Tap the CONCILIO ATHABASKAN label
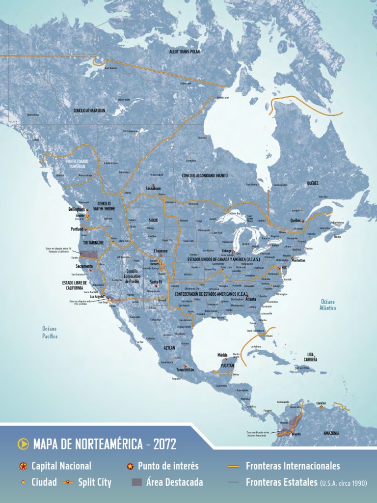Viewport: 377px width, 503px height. (x=89, y=111)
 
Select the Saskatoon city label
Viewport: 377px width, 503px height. (x=153, y=188)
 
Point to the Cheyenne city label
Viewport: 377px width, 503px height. (x=161, y=251)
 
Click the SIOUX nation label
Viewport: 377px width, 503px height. (x=153, y=221)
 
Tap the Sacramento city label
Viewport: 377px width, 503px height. (x=84, y=266)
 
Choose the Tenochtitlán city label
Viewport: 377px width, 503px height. (x=186, y=369)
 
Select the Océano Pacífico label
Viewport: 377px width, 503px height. (x=50, y=333)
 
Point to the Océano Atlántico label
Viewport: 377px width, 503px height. (x=328, y=305)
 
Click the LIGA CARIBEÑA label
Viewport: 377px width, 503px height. (x=310, y=357)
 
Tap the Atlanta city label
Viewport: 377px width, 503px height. (x=250, y=299)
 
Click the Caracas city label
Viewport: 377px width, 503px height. (x=321, y=403)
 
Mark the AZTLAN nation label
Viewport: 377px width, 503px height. (x=169, y=347)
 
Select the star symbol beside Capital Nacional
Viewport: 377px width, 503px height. (x=23, y=466)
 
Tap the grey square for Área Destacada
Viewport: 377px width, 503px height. (x=136, y=482)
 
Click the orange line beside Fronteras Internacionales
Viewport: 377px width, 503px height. (x=234, y=466)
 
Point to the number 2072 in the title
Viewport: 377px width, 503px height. (x=164, y=445)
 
